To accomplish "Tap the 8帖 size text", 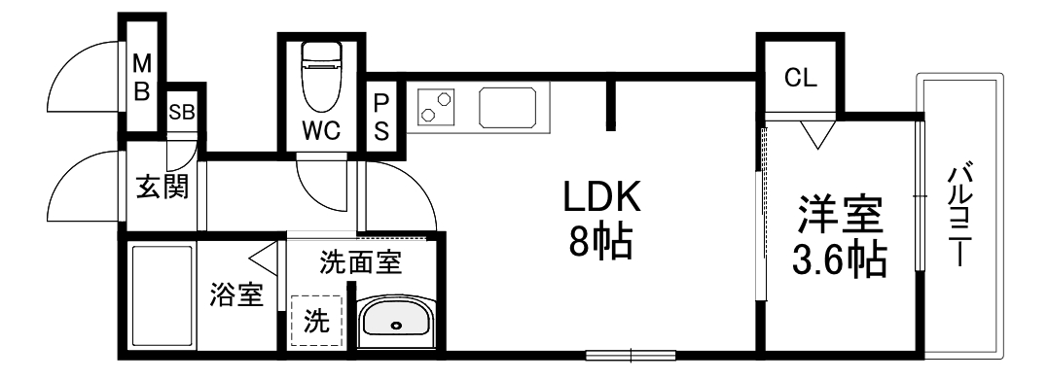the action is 600,242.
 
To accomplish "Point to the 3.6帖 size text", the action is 841,259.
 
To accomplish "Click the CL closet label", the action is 802,79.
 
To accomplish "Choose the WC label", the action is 320,130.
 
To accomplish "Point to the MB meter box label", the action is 142,79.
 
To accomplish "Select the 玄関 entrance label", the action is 162,185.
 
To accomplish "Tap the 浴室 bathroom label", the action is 236,294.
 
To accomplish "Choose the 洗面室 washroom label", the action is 362,260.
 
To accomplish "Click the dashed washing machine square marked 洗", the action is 317,320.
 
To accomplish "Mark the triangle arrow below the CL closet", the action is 815,134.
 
